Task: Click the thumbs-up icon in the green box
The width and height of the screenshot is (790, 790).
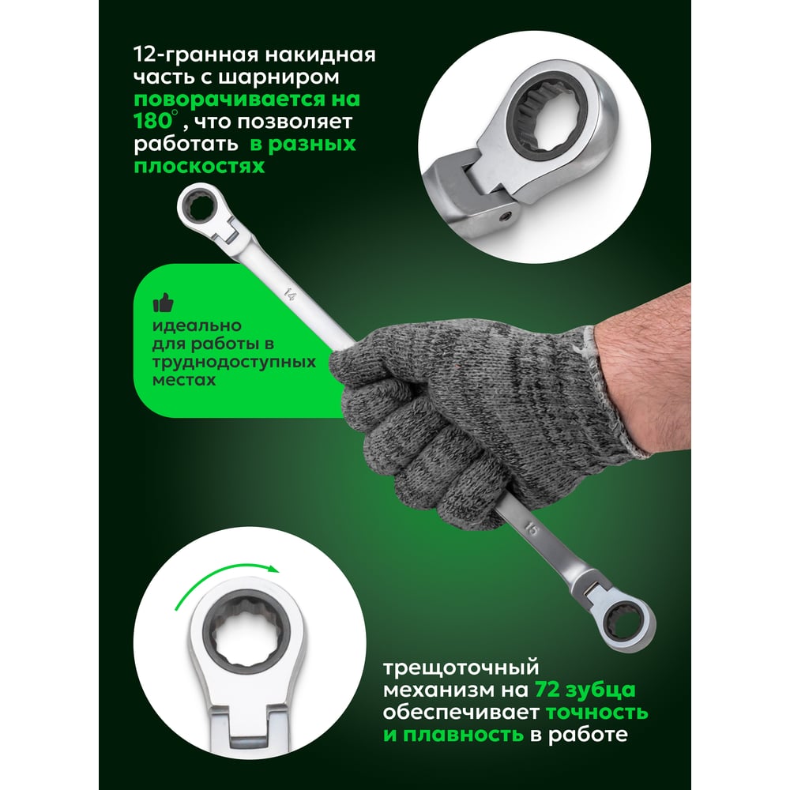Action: click(163, 303)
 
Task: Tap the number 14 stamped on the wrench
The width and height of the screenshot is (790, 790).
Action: click(290, 294)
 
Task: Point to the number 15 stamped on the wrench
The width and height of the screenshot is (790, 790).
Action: click(532, 529)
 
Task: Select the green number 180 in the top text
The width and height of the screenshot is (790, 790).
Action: click(153, 121)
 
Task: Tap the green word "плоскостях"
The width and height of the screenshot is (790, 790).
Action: click(199, 166)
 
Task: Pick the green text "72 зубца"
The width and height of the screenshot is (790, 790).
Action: click(585, 689)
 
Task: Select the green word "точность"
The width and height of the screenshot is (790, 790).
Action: click(597, 712)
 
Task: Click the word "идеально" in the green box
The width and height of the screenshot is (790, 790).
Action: click(197, 326)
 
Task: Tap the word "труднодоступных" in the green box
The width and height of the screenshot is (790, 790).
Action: click(235, 363)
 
